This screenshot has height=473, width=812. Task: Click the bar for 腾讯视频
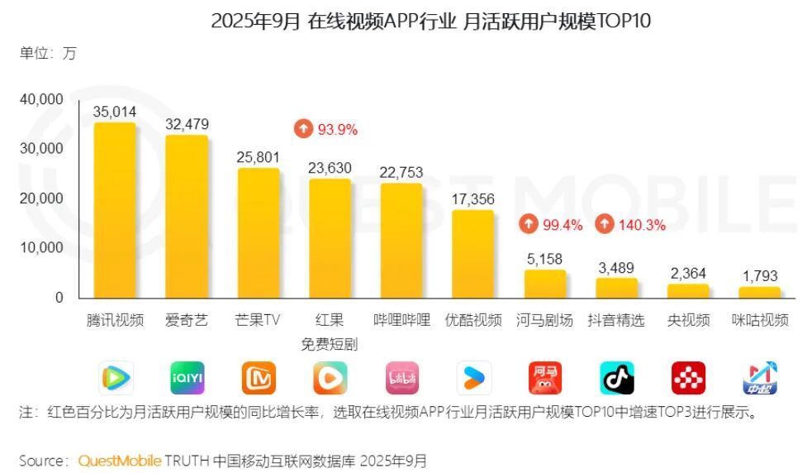point(115,211)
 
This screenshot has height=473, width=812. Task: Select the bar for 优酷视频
point(472,255)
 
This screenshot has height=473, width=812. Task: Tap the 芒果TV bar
point(259,233)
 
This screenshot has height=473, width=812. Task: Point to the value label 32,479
point(187,124)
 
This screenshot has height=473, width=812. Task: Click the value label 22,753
point(401,172)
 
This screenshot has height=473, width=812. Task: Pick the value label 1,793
point(759,276)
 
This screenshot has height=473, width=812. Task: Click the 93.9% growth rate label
point(337,129)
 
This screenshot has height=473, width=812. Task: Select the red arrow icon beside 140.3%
point(605,224)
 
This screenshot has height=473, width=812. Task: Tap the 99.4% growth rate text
point(563,224)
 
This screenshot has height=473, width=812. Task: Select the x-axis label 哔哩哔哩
point(401,320)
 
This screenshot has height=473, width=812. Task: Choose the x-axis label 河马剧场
point(544,320)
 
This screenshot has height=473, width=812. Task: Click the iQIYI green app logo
point(187,379)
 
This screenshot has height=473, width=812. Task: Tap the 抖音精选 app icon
point(616,379)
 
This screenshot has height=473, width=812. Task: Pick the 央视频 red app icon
point(688,379)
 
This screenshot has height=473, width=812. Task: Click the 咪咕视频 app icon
point(759,379)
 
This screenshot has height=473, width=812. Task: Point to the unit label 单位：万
point(47,54)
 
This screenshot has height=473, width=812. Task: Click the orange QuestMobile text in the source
point(120,461)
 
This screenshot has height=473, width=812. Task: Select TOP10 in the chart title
point(621,21)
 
